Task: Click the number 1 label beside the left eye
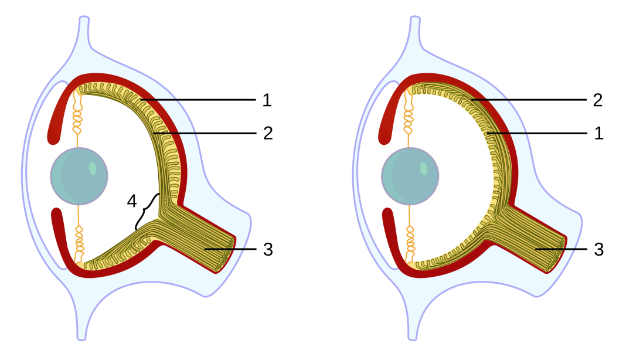(x=267, y=100)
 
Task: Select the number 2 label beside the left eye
(x=267, y=133)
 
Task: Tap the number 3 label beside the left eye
(x=267, y=249)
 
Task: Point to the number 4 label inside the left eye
(x=132, y=201)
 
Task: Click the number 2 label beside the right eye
(x=598, y=100)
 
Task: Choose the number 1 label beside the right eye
(x=598, y=133)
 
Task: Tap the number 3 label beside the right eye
(x=598, y=249)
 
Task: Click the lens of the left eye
(x=79, y=176)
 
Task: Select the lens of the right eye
(x=410, y=176)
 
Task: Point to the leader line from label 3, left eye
(x=226, y=249)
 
